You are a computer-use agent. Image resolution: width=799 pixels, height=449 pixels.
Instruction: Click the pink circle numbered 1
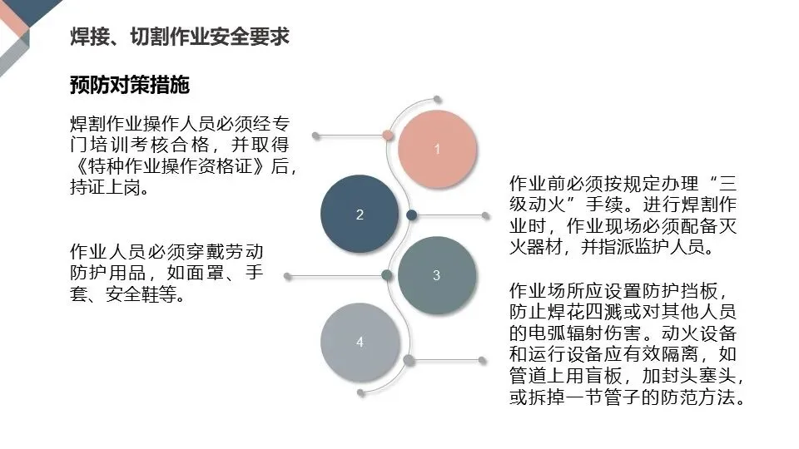click(437, 150)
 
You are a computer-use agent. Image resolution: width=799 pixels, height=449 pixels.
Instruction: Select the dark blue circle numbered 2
click(360, 215)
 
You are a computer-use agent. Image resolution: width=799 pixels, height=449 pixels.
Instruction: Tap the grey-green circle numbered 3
click(437, 275)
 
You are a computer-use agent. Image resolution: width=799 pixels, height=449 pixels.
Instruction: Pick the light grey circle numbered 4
click(360, 342)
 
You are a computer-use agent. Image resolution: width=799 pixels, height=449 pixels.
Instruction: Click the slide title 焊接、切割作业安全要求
click(180, 37)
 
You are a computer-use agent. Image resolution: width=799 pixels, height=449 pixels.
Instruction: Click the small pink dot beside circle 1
click(387, 134)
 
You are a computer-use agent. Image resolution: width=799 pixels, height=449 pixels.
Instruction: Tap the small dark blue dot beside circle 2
click(411, 215)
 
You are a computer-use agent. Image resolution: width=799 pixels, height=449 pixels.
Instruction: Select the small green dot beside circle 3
click(387, 275)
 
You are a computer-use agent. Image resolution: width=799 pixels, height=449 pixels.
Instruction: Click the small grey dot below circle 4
click(409, 360)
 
